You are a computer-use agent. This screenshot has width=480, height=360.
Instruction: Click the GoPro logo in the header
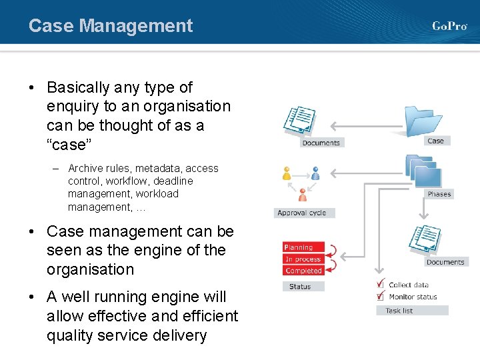[x=449, y=26]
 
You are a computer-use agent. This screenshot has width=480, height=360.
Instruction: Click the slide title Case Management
[x=111, y=26]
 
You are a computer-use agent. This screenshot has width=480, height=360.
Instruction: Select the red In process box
[x=303, y=259]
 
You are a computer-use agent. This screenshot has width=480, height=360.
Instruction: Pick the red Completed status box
[x=303, y=271]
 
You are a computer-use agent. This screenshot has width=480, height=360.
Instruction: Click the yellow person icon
[x=287, y=173]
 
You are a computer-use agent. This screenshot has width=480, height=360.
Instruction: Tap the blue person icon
[x=315, y=173]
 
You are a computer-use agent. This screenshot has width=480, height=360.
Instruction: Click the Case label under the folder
[x=435, y=141]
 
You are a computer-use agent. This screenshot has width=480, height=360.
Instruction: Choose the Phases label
[x=439, y=194]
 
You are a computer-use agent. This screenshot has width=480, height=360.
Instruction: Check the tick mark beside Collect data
[x=379, y=283]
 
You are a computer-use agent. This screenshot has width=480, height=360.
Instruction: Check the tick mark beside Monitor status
[x=379, y=295]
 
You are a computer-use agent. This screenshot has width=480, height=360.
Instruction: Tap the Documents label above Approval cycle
[x=321, y=143]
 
